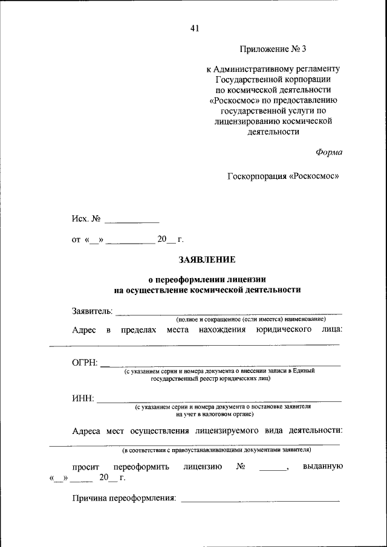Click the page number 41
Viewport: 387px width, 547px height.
coord(194,28)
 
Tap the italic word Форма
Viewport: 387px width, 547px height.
coord(328,152)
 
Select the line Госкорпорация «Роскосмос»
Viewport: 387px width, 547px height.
coord(283,176)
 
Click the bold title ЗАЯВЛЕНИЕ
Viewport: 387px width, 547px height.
coord(207,260)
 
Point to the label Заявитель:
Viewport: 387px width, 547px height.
coord(92,311)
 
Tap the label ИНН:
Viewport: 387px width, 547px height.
coord(83,398)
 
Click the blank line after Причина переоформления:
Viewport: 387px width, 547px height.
coord(260,499)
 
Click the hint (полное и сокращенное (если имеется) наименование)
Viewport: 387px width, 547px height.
coord(251,319)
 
